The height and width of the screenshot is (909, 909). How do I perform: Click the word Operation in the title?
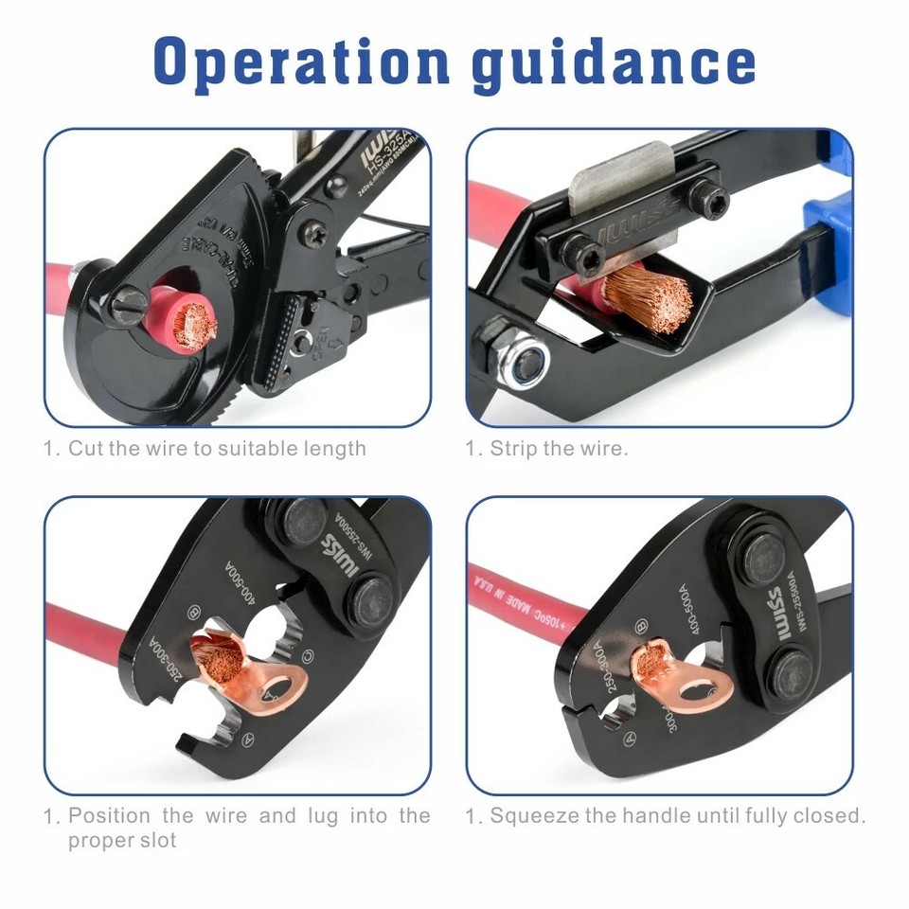pyautogui.click(x=300, y=62)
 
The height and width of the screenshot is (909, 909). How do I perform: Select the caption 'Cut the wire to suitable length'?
pyautogui.click(x=217, y=449)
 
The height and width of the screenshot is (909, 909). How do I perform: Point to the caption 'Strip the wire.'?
pyautogui.click(x=559, y=449)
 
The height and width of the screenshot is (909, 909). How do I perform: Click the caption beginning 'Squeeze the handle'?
pyautogui.click(x=677, y=815)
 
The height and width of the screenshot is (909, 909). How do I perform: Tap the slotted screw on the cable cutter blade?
pyautogui.click(x=130, y=305)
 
